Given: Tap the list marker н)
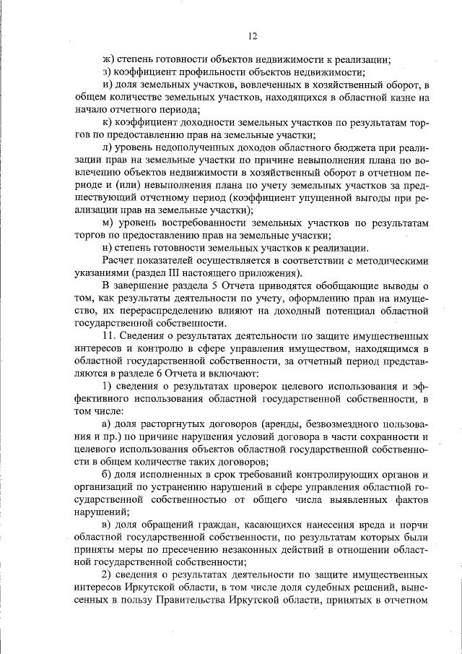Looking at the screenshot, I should tap(107, 247).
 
